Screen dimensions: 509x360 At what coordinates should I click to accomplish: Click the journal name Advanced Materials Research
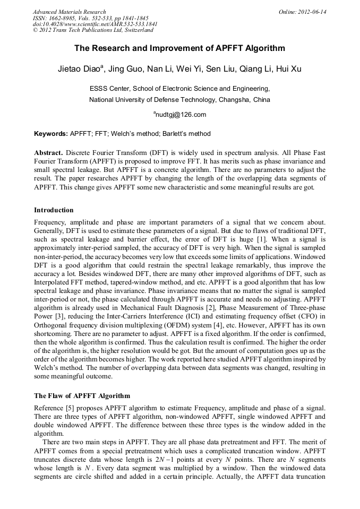pos(70,12)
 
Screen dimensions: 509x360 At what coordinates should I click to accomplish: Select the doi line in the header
pos(95,24)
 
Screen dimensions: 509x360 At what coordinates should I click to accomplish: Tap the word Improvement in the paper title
pos(172,48)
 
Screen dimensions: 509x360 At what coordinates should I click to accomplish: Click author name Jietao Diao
pos(79,70)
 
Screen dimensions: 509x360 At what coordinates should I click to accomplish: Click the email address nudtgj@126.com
pos(181,114)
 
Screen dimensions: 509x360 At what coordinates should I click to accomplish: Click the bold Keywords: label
pos(51,134)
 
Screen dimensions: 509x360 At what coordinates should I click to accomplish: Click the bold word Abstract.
pos(49,152)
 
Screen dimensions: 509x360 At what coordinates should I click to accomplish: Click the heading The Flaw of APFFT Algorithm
pos(82,396)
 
